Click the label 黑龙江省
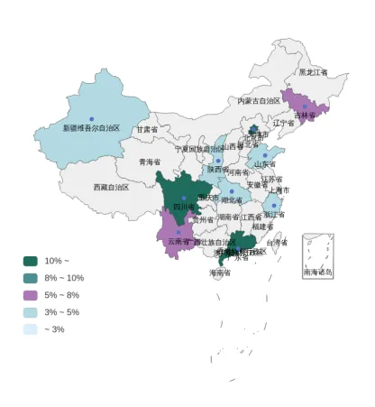pyautogui.click(x=313, y=72)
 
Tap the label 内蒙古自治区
pyautogui.click(x=259, y=101)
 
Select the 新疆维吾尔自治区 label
pyautogui.click(x=91, y=128)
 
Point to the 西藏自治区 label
pyautogui.click(x=111, y=188)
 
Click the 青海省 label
pyautogui.click(x=149, y=162)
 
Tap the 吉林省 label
pyautogui.click(x=306, y=116)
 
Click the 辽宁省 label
pyautogui.click(x=284, y=124)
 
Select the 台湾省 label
pyautogui.click(x=277, y=243)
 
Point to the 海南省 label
pyautogui.click(x=220, y=273)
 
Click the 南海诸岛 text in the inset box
pyautogui.click(x=317, y=272)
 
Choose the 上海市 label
pyautogui.click(x=279, y=191)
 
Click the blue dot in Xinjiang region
pyautogui.click(x=91, y=119)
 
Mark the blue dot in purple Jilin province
pyautogui.click(x=305, y=106)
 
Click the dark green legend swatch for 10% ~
pyautogui.click(x=31, y=261)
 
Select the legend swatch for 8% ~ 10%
pyautogui.click(x=31, y=278)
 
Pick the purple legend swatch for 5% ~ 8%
pyautogui.click(x=31, y=295)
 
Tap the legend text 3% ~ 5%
pyautogui.click(x=61, y=312)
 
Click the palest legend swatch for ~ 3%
pyautogui.click(x=31, y=329)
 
